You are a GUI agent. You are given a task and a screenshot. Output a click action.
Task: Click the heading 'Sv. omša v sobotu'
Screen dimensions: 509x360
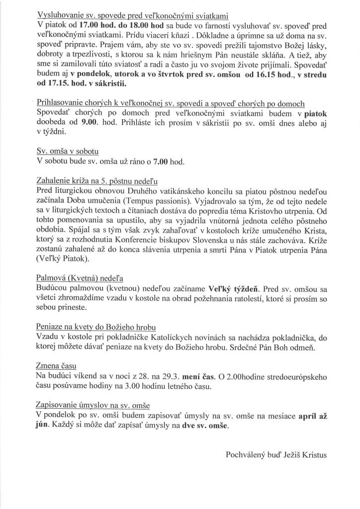[x=68, y=150]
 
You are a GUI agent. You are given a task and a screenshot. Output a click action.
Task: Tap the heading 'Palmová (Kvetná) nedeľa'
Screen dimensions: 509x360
[x=79, y=278]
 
